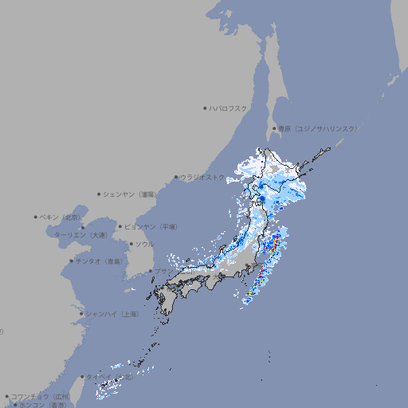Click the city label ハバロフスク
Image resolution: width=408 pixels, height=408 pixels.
coord(229,108)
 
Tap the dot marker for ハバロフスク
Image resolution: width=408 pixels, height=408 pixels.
coord(205,108)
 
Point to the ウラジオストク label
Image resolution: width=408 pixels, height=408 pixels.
coord(203,177)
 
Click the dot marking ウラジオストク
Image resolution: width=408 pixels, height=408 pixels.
coord(176,177)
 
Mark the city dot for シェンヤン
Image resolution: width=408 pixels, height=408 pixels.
coord(100,194)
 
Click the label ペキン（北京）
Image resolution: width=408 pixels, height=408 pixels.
coord(61,217)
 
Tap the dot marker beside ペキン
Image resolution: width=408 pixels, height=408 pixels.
coord(36,217)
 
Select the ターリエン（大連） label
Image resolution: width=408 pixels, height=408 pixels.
coord(80,235)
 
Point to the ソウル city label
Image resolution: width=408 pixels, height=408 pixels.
coord(144,244)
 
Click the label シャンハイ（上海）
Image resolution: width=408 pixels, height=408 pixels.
coord(112,314)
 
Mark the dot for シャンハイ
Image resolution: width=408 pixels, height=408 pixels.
coord(81,314)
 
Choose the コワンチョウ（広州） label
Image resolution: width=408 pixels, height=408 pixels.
coord(41,396)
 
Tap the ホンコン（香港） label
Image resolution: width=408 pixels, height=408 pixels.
coord(45,405)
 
